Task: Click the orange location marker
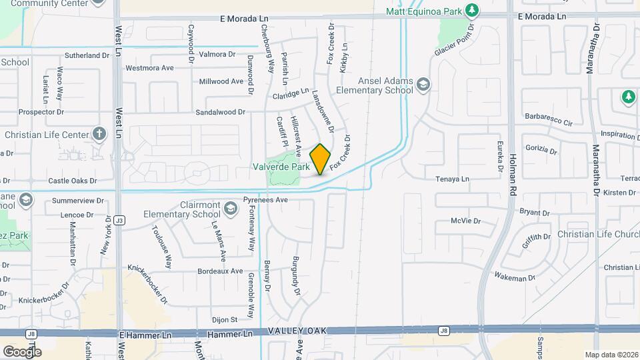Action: [321, 159]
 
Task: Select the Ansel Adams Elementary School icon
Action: [423, 85]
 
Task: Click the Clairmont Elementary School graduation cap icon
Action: [230, 210]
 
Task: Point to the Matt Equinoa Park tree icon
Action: [472, 11]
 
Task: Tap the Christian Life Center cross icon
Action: [99, 134]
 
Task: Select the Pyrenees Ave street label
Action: [265, 199]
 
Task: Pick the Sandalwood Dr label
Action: [220, 113]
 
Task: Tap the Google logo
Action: [21, 351]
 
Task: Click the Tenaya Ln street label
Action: [452, 179]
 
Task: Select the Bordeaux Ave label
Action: [221, 271]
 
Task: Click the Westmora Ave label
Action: [149, 67]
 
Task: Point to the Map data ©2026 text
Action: [611, 355]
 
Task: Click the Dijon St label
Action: [225, 320]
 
